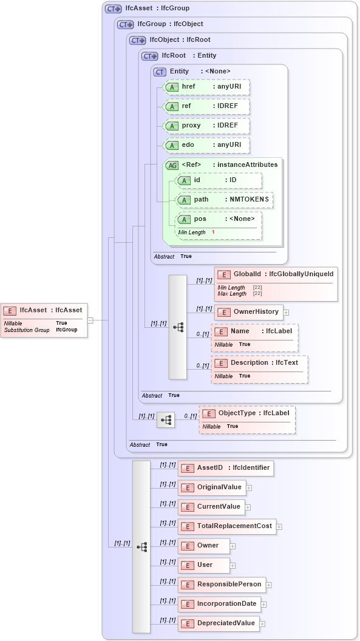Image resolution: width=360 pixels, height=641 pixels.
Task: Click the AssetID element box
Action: click(225, 468)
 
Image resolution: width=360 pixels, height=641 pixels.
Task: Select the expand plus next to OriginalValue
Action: click(249, 487)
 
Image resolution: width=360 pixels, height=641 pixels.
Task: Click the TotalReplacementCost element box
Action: click(227, 526)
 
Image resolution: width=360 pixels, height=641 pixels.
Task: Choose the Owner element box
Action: click(204, 546)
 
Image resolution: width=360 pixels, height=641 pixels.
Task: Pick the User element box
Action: click(204, 565)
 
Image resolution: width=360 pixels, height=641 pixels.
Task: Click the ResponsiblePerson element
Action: click(222, 585)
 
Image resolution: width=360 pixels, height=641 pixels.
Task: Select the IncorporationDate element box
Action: click(219, 604)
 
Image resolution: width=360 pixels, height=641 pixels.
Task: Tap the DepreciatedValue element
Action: click(219, 623)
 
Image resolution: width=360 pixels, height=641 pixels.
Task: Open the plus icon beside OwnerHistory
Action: click(286, 313)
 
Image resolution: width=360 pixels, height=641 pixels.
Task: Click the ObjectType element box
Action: click(248, 413)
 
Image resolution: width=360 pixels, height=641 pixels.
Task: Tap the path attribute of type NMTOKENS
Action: click(225, 200)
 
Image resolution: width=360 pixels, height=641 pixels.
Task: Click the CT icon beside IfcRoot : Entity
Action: click(149, 56)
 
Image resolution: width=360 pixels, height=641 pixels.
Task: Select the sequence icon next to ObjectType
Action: click(166, 419)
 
